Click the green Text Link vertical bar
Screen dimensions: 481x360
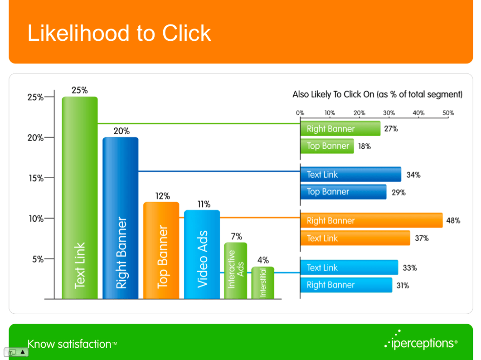pyautogui.click(x=80, y=198)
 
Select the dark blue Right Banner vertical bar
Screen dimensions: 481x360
pyautogui.click(x=121, y=218)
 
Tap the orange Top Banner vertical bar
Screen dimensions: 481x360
pyautogui.click(x=161, y=250)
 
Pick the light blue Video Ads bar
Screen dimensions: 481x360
pyautogui.click(x=202, y=254)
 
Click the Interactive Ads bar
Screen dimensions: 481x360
pyautogui.click(x=236, y=271)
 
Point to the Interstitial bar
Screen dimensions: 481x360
pyautogui.click(x=263, y=282)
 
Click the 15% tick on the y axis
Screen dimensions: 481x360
pyautogui.click(x=49, y=178)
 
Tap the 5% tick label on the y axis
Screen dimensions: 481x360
pyautogui.click(x=38, y=259)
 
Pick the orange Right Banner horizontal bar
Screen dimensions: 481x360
pyautogui.click(x=371, y=220)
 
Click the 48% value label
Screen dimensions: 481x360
pyautogui.click(x=453, y=221)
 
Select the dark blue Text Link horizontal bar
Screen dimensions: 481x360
pyautogui.click(x=350, y=174)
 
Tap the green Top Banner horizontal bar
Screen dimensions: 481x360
pyautogui.click(x=327, y=146)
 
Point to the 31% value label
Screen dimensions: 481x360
pyautogui.click(x=403, y=286)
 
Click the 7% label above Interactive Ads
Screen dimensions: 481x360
pyautogui.click(x=237, y=236)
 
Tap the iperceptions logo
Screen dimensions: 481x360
pyautogui.click(x=421, y=341)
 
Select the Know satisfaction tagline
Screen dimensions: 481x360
pyautogui.click(x=73, y=344)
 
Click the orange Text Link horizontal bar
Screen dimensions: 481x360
pyautogui.click(x=355, y=238)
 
